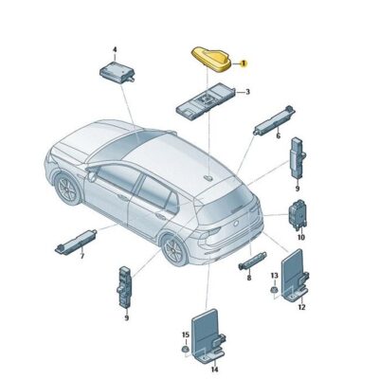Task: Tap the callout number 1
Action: click(x=244, y=63)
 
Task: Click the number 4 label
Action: click(x=115, y=48)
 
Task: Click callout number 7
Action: click(x=81, y=256)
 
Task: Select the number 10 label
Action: click(x=301, y=237)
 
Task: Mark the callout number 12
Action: click(x=302, y=307)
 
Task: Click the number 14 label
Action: click(x=214, y=369)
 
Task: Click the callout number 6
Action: click(x=278, y=136)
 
